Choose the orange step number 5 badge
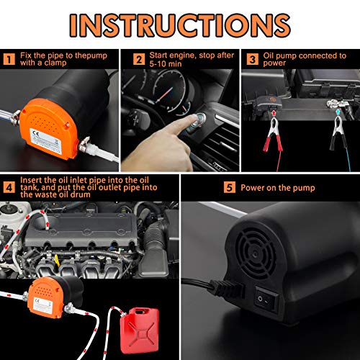(229, 189)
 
